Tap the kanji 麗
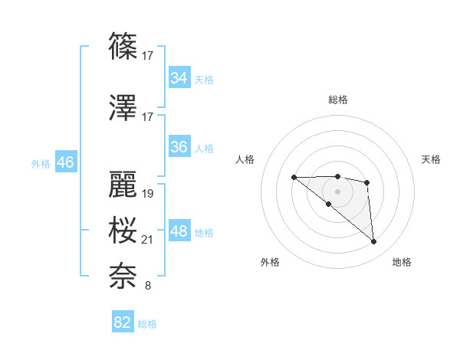123,185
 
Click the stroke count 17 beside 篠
147,55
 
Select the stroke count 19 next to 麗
148,194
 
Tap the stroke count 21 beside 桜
148,241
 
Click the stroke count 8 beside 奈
147,286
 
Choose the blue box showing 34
179,78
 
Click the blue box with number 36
179,147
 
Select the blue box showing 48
179,231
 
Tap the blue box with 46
65,162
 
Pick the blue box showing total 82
123,322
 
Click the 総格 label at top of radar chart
337,100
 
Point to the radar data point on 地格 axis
373,242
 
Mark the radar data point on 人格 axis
294,177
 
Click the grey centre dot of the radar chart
337,191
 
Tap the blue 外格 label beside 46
41,163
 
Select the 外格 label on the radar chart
270,262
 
